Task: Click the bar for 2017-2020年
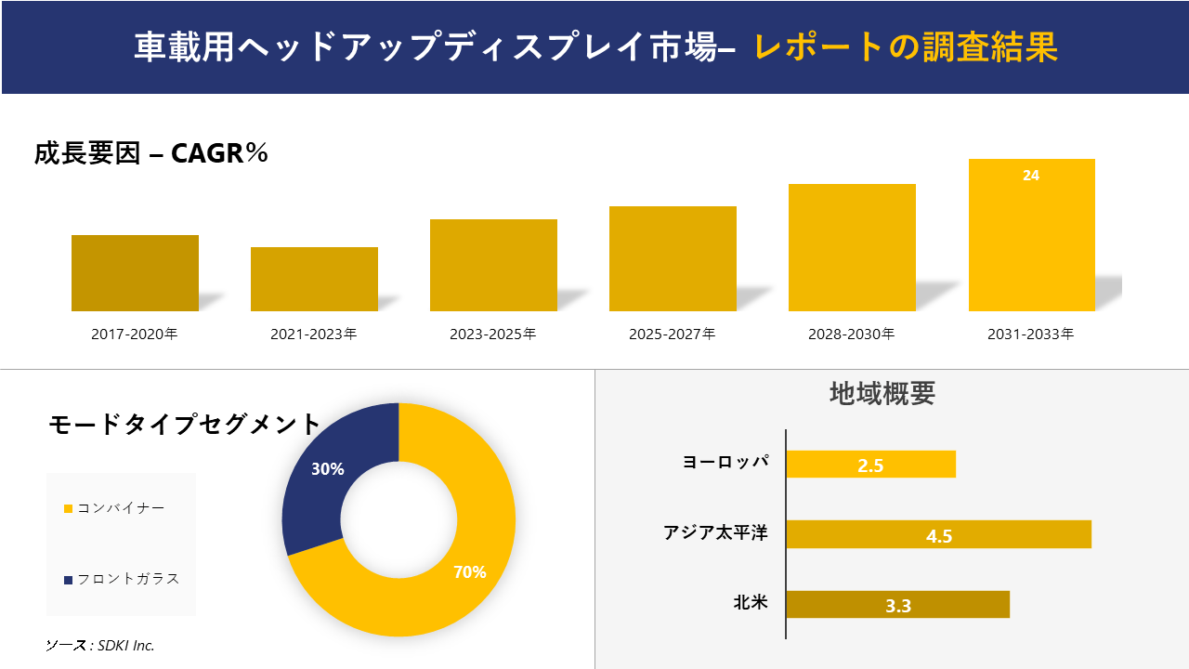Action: (135, 273)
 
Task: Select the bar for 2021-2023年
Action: (314, 279)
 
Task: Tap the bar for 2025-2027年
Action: (673, 258)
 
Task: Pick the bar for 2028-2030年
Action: (852, 247)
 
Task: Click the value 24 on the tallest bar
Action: (1031, 175)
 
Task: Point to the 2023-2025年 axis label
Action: (493, 334)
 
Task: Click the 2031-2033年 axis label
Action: (1031, 334)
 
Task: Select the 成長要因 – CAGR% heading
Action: (151, 153)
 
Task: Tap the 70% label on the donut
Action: (469, 572)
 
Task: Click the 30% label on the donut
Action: (327, 469)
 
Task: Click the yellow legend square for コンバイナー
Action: (68, 508)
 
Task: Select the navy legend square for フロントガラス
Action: (68, 580)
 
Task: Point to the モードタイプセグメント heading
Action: (184, 425)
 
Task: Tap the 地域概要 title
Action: (882, 393)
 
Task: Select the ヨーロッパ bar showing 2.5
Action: (870, 465)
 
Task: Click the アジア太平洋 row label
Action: (715, 533)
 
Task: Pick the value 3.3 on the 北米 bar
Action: (898, 606)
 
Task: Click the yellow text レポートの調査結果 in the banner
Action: (906, 47)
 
